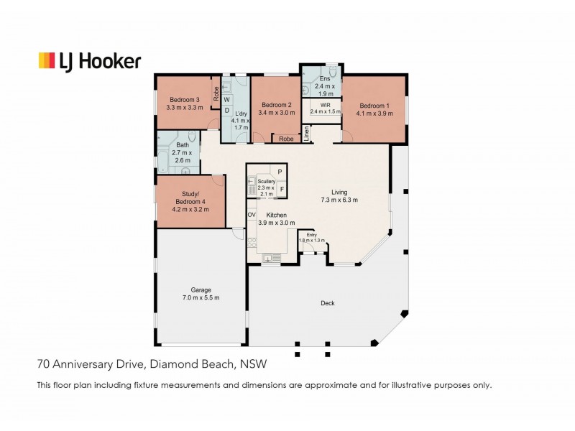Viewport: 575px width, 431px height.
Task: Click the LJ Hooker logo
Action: tap(90, 61)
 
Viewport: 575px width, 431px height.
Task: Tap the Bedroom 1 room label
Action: tap(374, 106)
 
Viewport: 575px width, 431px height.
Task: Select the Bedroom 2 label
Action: tap(277, 105)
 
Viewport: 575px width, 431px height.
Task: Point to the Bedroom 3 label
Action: tap(185, 100)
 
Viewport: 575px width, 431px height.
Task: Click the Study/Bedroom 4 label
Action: tap(190, 198)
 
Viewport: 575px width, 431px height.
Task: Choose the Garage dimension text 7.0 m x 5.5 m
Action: tap(201, 297)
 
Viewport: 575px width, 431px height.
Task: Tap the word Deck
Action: tap(328, 303)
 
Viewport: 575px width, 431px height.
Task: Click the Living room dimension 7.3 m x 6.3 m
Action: tap(339, 200)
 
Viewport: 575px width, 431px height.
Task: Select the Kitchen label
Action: tap(277, 215)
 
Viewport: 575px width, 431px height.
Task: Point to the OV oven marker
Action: tap(252, 215)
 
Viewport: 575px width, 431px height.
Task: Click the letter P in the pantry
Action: tap(280, 172)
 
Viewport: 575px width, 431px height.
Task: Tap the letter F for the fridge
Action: tap(282, 189)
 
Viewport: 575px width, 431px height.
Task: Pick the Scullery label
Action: tap(267, 182)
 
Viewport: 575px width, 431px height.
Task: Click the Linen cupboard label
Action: tap(307, 134)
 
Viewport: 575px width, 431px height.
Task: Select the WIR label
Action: tap(326, 105)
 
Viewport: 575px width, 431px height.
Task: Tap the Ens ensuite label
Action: tap(325, 78)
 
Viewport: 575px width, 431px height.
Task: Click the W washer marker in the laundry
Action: tap(226, 100)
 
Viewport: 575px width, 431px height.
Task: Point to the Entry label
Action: tap(312, 235)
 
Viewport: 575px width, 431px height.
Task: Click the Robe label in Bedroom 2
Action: tap(286, 139)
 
